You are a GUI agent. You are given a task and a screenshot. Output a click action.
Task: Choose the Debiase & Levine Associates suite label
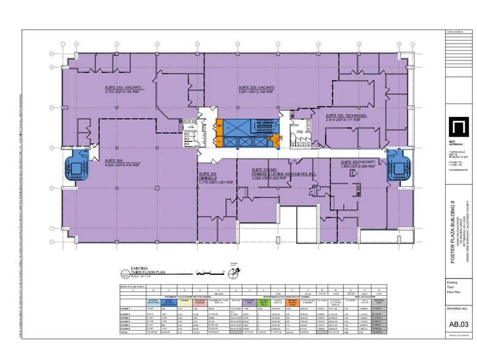click(283, 174)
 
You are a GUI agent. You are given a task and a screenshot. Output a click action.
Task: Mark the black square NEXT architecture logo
click(454, 130)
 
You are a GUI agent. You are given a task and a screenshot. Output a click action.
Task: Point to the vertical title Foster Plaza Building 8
click(454, 236)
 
